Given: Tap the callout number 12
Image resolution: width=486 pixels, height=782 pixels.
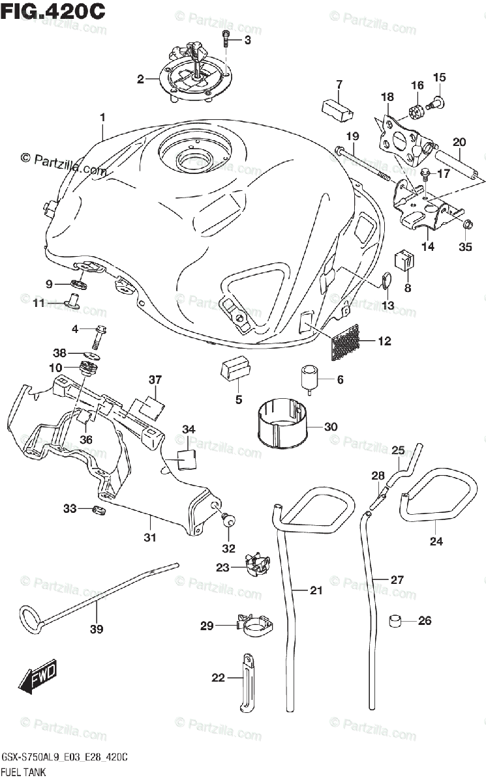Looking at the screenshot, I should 384,341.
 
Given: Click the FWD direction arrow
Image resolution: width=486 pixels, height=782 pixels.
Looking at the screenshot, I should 38,676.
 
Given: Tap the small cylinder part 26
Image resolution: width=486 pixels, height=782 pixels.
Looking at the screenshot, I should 395,620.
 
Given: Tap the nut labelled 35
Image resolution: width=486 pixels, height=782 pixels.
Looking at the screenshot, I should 467,226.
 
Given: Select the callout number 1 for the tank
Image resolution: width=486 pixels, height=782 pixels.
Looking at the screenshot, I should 102,118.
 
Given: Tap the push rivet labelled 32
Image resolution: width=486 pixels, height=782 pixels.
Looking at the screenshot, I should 227,518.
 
